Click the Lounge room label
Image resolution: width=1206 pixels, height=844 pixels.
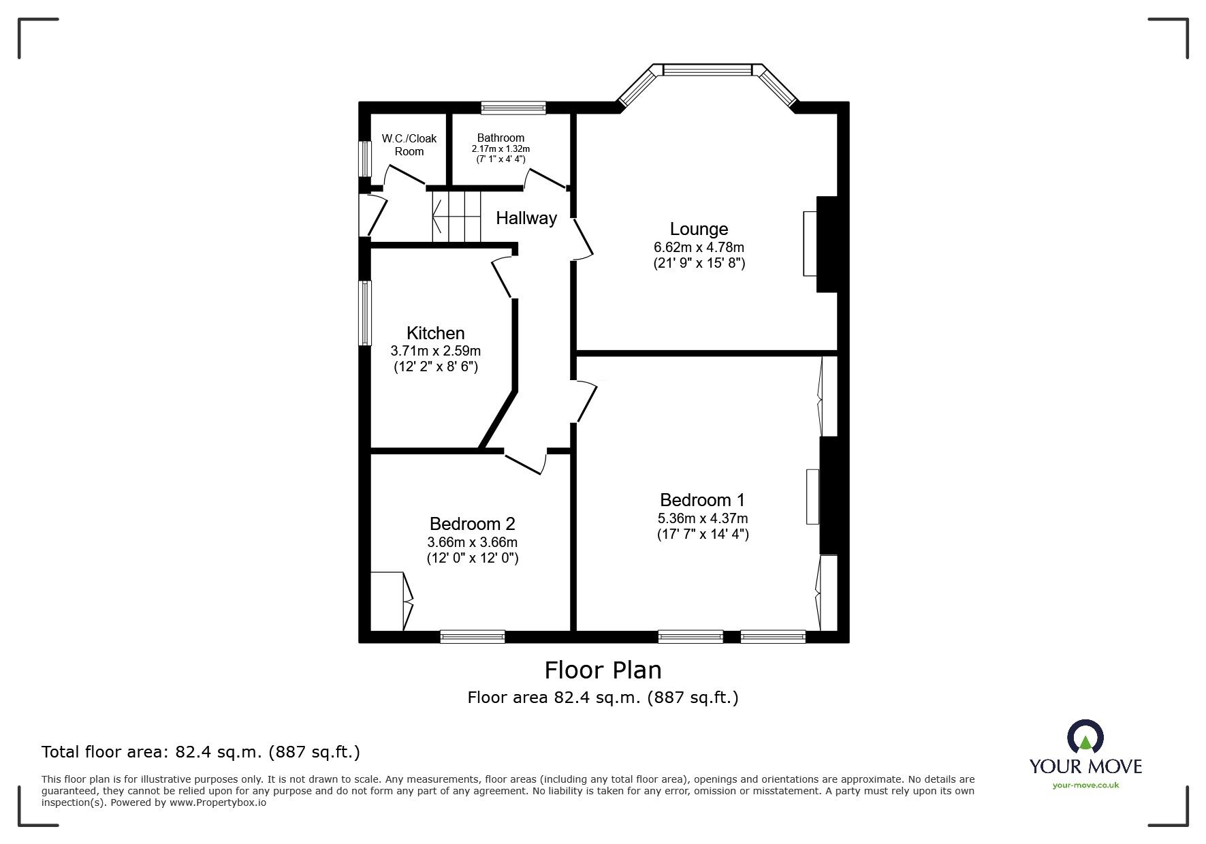tap(699, 229)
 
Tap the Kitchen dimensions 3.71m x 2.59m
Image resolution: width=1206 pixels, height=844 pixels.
tap(435, 351)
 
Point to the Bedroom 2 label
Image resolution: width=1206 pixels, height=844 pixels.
tap(472, 524)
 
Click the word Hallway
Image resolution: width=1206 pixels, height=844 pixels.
tap(526, 218)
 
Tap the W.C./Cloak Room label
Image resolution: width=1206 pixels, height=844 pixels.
tap(409, 144)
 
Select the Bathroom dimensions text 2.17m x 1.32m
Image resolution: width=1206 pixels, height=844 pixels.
tap(501, 149)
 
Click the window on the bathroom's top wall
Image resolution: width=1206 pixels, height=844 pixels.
tap(513, 107)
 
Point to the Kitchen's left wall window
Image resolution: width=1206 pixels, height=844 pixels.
tap(366, 313)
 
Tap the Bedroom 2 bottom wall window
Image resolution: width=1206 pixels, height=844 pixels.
tap(473, 636)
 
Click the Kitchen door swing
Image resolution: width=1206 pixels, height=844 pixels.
tap(503, 276)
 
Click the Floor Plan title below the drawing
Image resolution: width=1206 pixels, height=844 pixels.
tap(603, 670)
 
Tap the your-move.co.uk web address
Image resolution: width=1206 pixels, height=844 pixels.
tap(1085, 785)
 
